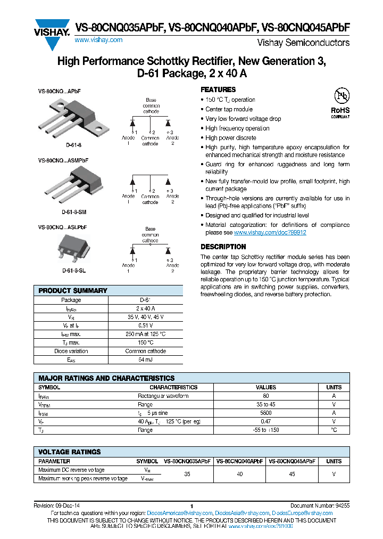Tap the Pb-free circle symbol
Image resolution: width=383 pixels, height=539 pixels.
pyautogui.click(x=340, y=96)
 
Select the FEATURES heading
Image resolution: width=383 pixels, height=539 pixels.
pyautogui.click(x=218, y=89)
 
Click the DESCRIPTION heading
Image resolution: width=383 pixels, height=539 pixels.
pyautogui.click(x=223, y=247)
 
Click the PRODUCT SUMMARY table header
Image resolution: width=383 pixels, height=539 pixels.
pyautogui.click(x=73, y=291)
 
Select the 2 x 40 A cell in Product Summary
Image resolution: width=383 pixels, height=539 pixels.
pyautogui.click(x=145, y=308)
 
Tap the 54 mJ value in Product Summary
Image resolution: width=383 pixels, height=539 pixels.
pyautogui.click(x=145, y=360)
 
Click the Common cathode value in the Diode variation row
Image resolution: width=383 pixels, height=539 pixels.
pyautogui.click(x=145, y=351)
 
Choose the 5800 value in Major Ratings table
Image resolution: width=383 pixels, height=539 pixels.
pyautogui.click(x=266, y=413)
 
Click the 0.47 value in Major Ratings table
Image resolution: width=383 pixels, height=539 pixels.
pyautogui.click(x=266, y=421)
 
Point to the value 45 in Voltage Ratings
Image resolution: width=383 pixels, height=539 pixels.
pyautogui.click(x=292, y=473)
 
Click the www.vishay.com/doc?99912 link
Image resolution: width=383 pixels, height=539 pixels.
pyautogui.click(x=270, y=233)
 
